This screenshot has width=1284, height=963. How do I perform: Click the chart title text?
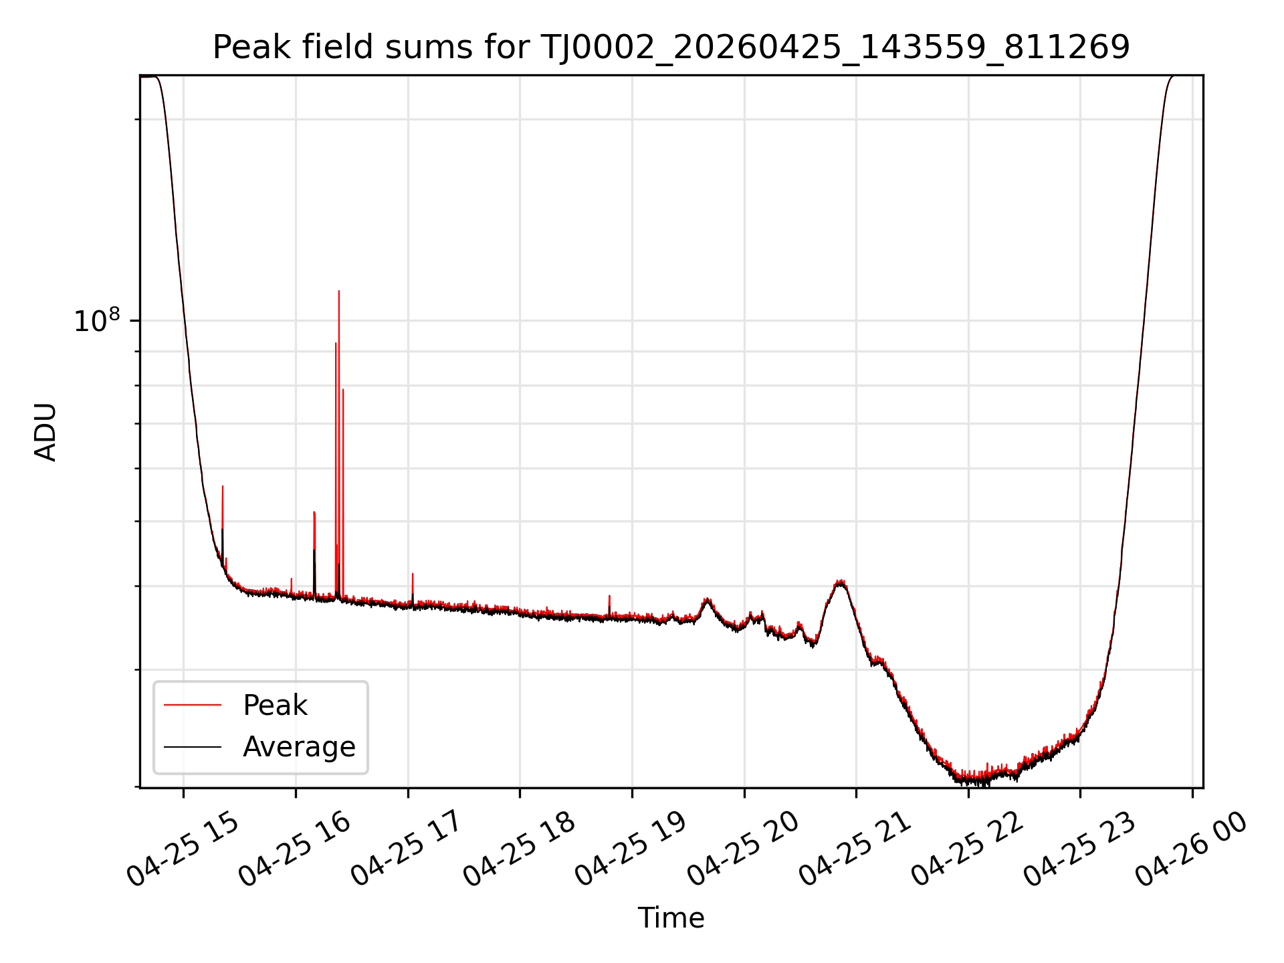pyautogui.click(x=671, y=47)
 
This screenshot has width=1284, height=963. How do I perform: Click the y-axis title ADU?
pyautogui.click(x=45, y=432)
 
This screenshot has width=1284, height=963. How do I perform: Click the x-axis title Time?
pyautogui.click(x=671, y=918)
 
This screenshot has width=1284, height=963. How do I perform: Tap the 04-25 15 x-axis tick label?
pyautogui.click(x=182, y=849)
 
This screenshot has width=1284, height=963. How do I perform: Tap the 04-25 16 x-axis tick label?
pyautogui.click(x=294, y=849)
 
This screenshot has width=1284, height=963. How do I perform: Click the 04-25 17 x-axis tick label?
pyautogui.click(x=407, y=849)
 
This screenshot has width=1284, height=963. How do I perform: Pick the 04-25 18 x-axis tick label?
pyautogui.click(x=519, y=849)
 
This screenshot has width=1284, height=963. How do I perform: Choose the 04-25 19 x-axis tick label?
pyautogui.click(x=631, y=849)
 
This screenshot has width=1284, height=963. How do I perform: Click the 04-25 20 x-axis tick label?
pyautogui.click(x=744, y=849)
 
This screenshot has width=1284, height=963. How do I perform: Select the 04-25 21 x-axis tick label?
pyautogui.click(x=856, y=849)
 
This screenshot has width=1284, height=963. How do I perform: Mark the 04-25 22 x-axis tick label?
pyautogui.click(x=968, y=849)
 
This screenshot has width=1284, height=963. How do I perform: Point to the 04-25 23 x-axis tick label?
pyautogui.click(x=1081, y=849)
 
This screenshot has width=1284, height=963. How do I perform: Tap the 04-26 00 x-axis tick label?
pyautogui.click(x=1192, y=849)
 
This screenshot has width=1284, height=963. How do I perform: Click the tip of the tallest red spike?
pyautogui.click(x=339, y=291)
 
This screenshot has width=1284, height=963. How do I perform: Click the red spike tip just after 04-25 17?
pyautogui.click(x=413, y=574)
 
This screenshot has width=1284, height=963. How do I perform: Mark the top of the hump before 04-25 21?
pyautogui.click(x=841, y=581)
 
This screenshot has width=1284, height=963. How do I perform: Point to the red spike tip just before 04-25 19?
pyautogui.click(x=609, y=595)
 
